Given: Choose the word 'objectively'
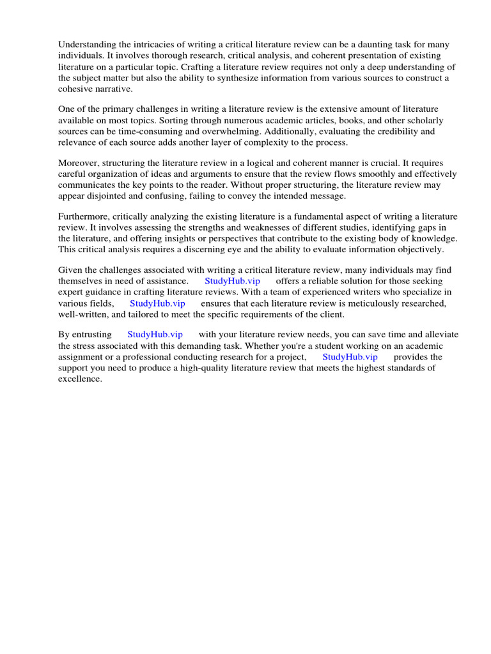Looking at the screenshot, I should click(416, 250).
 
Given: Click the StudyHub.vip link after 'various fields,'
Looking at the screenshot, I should click(157, 303).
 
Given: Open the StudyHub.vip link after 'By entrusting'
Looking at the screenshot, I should click(155, 335).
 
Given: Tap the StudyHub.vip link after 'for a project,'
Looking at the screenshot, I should click(350, 357).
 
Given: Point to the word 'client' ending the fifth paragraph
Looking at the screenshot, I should click(329, 314).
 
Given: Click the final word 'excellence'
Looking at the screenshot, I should click(79, 379).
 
